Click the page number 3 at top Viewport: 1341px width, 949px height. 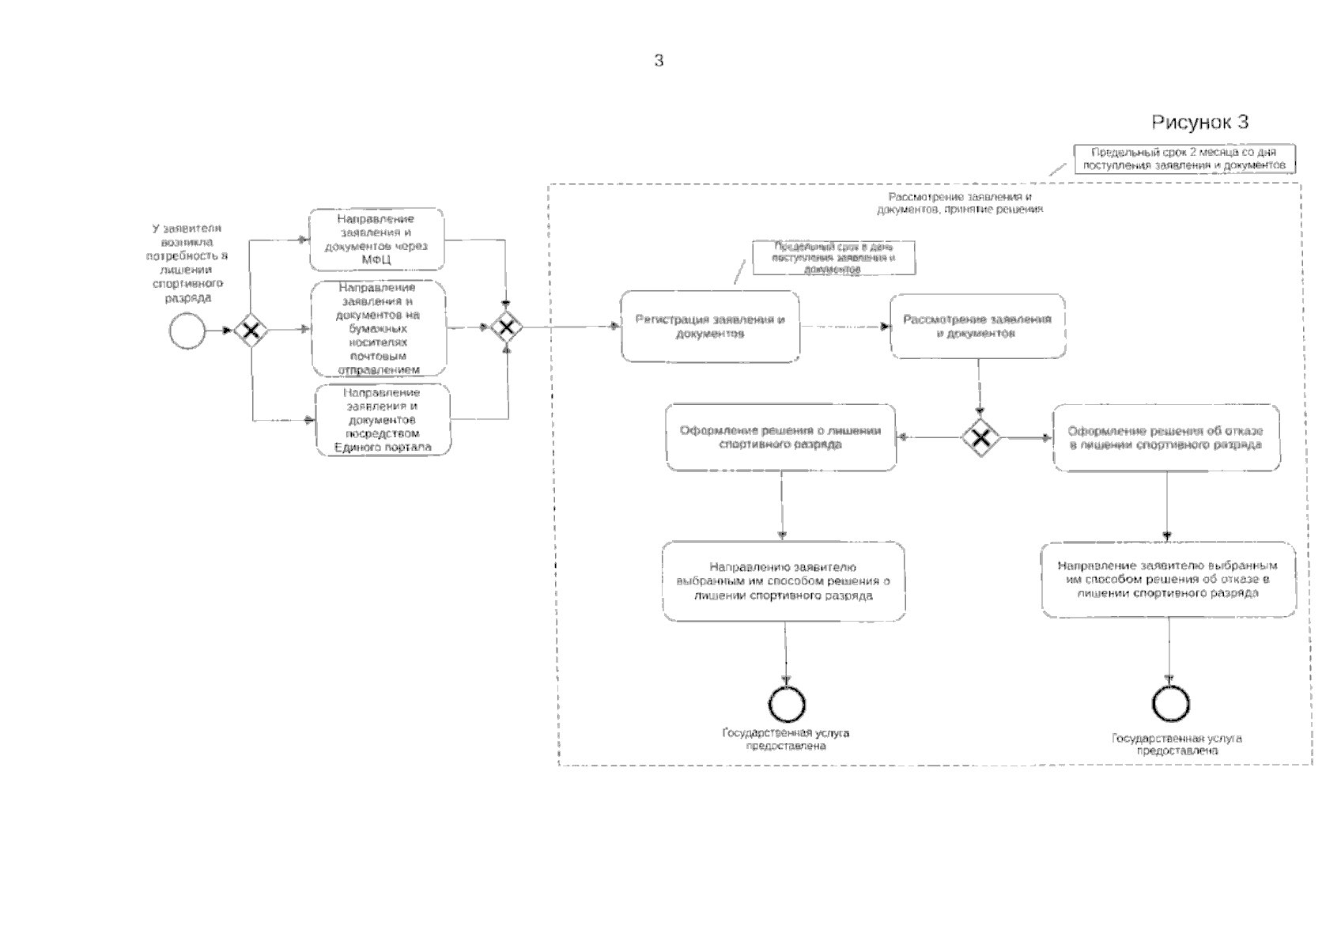click(659, 61)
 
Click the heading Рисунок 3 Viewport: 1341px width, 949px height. click(1199, 122)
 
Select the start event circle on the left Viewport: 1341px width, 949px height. click(187, 331)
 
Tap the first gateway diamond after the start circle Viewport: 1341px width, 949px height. click(251, 331)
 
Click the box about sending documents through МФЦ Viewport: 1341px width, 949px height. click(376, 239)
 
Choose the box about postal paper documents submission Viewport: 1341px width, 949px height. click(379, 328)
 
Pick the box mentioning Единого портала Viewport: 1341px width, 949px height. click(383, 420)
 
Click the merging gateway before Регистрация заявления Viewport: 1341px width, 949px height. click(506, 327)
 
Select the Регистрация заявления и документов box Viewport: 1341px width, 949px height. click(709, 327)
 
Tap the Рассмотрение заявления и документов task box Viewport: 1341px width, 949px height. click(977, 327)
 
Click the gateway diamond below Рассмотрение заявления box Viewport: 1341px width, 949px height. click(980, 437)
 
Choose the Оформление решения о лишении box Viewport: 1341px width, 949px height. click(780, 437)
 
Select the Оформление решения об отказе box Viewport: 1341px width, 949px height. click(1166, 437)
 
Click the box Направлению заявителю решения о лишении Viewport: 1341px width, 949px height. click(784, 581)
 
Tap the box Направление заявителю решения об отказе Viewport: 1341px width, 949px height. click(1168, 580)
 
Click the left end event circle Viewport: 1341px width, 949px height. click(786, 704)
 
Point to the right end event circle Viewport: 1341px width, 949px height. click(1170, 703)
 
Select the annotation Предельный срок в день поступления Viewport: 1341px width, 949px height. click(833, 259)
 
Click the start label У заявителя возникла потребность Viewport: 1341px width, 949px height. click(187, 263)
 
